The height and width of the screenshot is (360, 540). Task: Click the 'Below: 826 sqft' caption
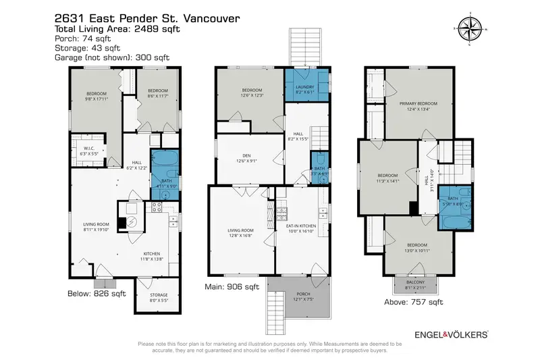coord(97,294)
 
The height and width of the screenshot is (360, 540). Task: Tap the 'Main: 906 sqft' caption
coord(232,286)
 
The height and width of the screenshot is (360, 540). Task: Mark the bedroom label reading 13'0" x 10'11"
coord(416,249)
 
